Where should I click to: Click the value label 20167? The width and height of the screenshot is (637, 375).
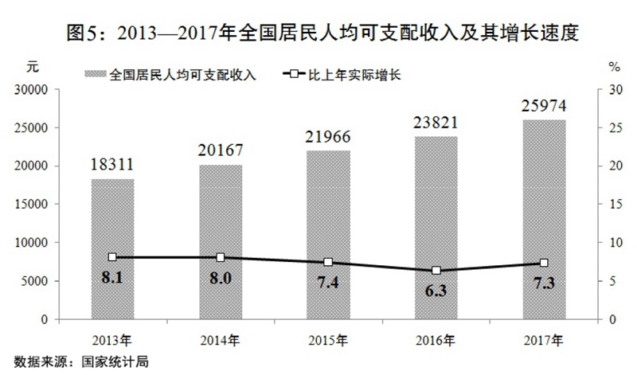click(x=221, y=150)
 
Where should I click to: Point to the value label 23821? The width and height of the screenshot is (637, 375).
click(x=436, y=123)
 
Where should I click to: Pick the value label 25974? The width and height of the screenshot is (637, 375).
click(x=544, y=106)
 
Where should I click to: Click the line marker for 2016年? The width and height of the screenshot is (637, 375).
click(x=436, y=271)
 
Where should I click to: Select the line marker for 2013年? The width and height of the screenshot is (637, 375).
click(x=112, y=257)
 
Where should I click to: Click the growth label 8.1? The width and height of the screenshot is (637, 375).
click(x=112, y=279)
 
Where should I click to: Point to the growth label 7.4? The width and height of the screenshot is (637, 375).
click(x=328, y=284)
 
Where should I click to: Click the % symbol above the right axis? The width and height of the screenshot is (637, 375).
click(x=614, y=65)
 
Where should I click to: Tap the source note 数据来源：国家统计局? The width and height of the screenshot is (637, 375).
click(x=76, y=361)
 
